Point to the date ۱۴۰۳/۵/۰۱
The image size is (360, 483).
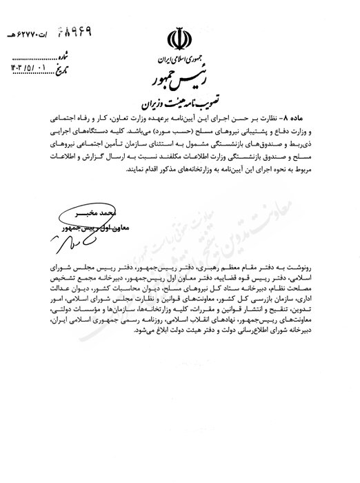tap(25, 70)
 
